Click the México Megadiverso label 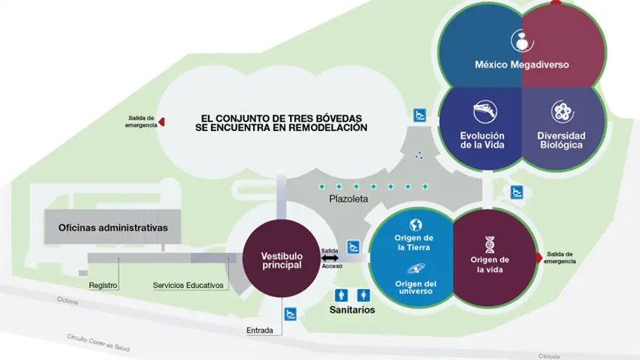[521, 65]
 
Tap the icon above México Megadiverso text [520, 40]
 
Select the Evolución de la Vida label [483, 140]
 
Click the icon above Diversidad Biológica [562, 112]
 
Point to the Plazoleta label [348, 199]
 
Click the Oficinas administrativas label [113, 227]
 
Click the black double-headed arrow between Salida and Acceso [330, 258]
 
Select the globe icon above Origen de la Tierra [414, 224]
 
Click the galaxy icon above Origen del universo [414, 268]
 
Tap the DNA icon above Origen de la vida [491, 244]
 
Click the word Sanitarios [351, 310]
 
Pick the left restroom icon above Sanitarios [341, 295]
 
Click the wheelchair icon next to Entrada [290, 314]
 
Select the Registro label [103, 286]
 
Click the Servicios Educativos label [189, 286]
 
